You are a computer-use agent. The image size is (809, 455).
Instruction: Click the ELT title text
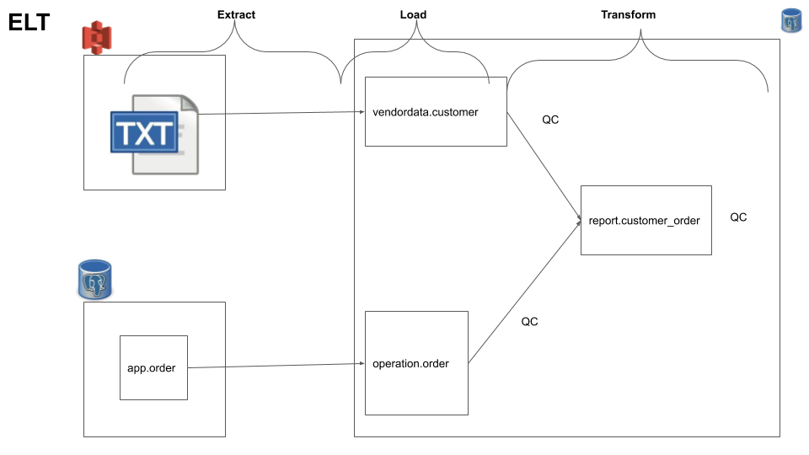pyautogui.click(x=29, y=23)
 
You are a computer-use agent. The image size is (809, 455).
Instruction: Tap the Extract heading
pyautogui.click(x=236, y=15)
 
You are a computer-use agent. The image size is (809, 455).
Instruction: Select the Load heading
pyautogui.click(x=413, y=15)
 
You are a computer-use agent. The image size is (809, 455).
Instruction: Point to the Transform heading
pyautogui.click(x=628, y=15)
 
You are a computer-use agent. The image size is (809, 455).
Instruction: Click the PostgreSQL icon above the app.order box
pyautogui.click(x=94, y=279)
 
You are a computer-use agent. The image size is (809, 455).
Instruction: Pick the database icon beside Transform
pyautogui.click(x=791, y=22)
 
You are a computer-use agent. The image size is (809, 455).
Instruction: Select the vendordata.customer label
pyautogui.click(x=425, y=111)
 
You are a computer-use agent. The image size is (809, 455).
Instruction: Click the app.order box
pyautogui.click(x=153, y=368)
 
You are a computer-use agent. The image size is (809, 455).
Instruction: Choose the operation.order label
pyautogui.click(x=410, y=364)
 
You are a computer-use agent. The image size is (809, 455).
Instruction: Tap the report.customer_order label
pyautogui.click(x=645, y=220)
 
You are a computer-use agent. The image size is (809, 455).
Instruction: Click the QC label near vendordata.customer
pyautogui.click(x=550, y=120)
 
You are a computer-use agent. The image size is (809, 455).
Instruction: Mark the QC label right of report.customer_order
pyautogui.click(x=738, y=217)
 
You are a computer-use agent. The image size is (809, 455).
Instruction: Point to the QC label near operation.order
pyautogui.click(x=529, y=322)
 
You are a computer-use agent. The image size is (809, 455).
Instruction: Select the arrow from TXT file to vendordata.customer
pyautogui.click(x=278, y=113)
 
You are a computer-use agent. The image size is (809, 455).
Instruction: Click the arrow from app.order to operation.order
pyautogui.click(x=270, y=366)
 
